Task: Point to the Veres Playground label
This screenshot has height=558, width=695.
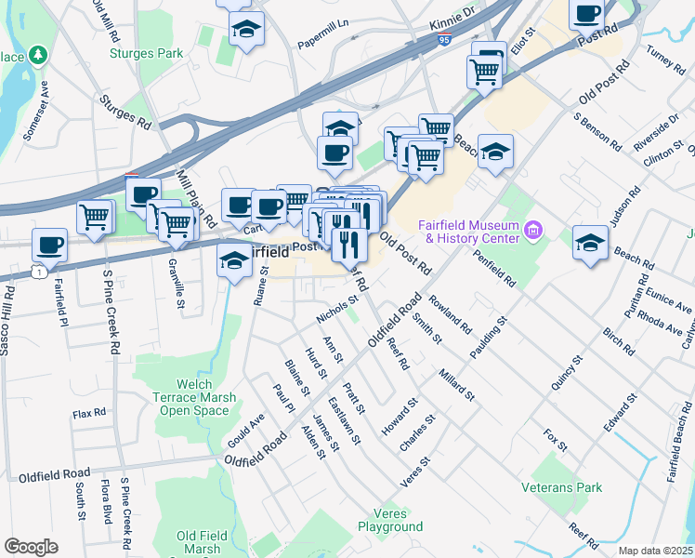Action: (x=390, y=520)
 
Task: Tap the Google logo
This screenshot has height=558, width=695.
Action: (x=31, y=547)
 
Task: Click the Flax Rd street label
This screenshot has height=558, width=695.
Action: (x=89, y=412)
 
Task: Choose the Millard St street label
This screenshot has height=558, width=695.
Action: (x=457, y=382)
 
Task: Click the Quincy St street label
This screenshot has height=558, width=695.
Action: (x=565, y=373)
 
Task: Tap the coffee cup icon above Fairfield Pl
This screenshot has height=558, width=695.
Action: (x=49, y=246)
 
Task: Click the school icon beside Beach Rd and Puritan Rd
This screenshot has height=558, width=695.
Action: (x=590, y=243)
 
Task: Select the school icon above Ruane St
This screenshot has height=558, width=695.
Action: (x=234, y=263)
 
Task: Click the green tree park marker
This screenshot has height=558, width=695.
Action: (x=38, y=56)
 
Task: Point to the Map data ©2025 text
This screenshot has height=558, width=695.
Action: (x=656, y=551)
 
